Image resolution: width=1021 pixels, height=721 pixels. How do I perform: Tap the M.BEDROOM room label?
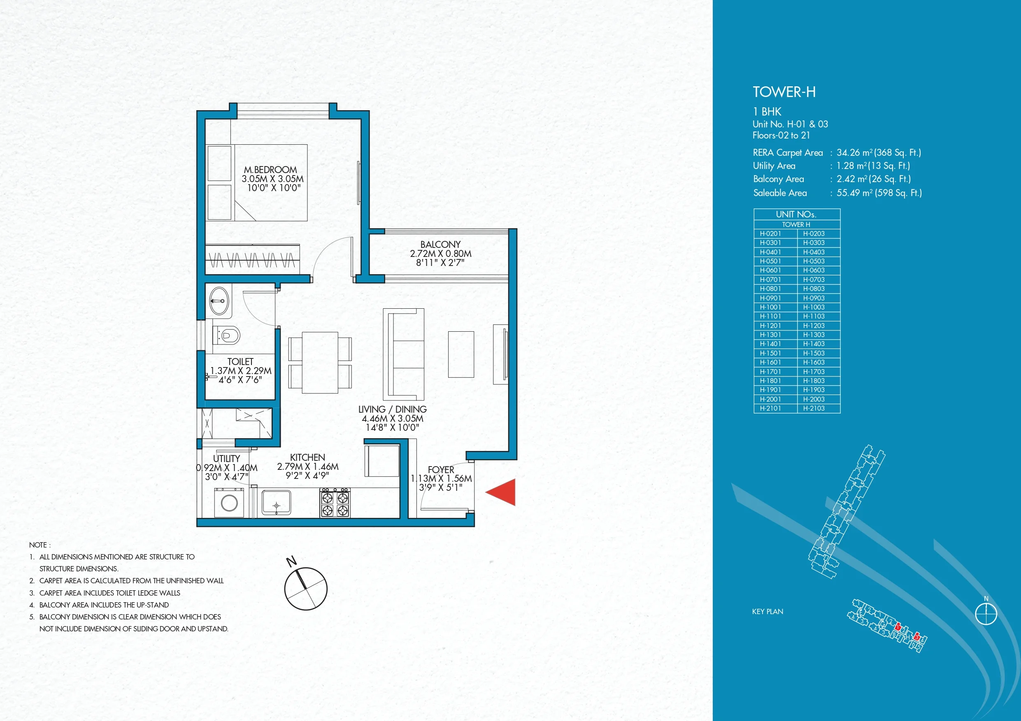[270, 170]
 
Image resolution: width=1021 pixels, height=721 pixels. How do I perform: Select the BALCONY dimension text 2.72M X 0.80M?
[440, 254]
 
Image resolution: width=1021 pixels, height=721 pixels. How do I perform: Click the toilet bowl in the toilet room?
[228, 335]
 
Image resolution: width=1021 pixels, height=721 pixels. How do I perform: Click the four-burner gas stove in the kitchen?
[335, 503]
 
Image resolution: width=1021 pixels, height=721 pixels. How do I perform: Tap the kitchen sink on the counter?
[276, 503]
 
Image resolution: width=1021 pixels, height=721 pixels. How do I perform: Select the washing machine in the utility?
[229, 503]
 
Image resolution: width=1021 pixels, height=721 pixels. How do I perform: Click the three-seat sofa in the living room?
[403, 354]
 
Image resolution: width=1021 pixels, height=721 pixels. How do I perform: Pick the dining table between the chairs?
[320, 363]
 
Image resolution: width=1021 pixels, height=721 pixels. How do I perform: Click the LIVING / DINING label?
[392, 409]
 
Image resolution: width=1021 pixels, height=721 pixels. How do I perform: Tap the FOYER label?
[441, 469]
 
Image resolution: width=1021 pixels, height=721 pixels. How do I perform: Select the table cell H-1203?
[814, 326]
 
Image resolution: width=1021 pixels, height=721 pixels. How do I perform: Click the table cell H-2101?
[770, 408]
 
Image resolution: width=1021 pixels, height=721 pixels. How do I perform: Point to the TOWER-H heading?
[784, 92]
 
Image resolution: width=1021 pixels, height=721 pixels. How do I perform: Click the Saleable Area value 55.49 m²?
[879, 193]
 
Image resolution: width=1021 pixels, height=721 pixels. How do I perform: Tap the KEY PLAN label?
[767, 612]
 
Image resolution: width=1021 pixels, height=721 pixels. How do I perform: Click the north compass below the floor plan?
[306, 588]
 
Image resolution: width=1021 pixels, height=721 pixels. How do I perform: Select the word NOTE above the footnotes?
[38, 545]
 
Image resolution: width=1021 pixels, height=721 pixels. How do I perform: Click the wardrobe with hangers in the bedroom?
[252, 259]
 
